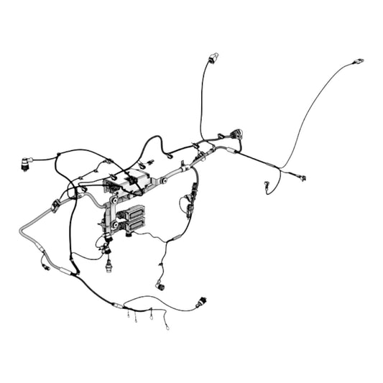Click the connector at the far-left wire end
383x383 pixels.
tap(26, 165)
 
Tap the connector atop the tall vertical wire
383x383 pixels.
tap(212, 57)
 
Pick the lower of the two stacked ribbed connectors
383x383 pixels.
tap(134, 226)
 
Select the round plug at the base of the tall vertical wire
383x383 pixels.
tap(236, 134)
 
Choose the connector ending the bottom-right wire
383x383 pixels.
tap(202, 302)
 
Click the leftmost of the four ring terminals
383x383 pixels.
tap(128, 315)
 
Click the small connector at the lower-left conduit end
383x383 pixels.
tap(47, 267)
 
